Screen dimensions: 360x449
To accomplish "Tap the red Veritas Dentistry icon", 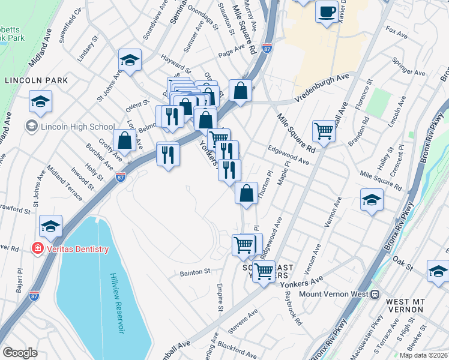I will tap(37, 249).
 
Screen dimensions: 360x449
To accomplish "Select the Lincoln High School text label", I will tap(77, 127).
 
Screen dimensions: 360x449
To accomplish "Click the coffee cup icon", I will tap(327, 12).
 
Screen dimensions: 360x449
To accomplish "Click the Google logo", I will tap(20, 353).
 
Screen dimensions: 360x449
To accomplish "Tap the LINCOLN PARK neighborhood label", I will tap(35, 80).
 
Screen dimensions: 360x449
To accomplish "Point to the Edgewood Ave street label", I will tap(288, 157).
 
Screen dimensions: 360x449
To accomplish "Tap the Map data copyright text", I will tap(423, 355).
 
